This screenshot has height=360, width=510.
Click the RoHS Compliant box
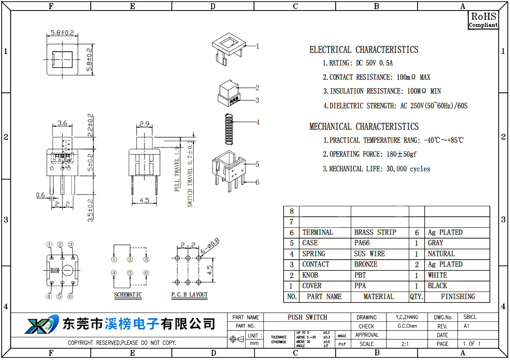484,20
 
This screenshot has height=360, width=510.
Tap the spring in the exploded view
229,129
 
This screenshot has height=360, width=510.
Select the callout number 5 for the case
257,164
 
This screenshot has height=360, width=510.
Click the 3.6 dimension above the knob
62,123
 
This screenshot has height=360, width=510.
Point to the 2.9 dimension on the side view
145,124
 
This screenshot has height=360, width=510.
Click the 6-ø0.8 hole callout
210,246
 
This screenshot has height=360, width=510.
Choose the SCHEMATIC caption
128,294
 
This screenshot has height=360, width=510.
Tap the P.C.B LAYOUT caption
189,294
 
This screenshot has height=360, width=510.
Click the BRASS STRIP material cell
375,232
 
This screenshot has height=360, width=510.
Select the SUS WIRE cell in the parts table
369,254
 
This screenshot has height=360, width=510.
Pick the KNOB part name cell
310,275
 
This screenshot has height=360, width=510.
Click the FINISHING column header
458,297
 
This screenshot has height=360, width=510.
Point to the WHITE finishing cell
437,275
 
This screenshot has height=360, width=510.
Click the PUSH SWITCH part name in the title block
308,317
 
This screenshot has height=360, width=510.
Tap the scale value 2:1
405,344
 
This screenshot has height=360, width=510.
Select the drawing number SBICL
470,317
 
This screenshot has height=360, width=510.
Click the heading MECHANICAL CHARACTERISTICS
364,126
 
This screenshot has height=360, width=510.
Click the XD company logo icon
42,324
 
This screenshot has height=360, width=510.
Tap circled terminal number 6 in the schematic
146,273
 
